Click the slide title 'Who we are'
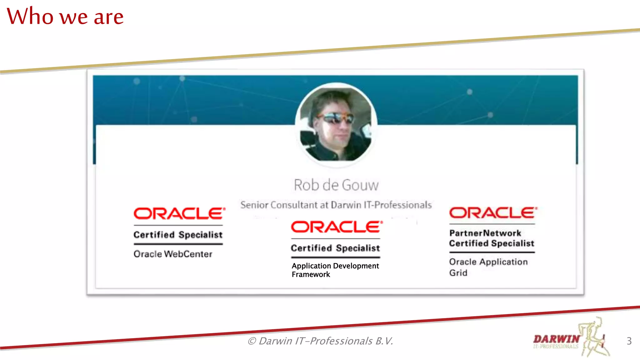(x=65, y=16)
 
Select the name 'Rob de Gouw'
(x=336, y=185)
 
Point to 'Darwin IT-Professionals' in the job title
(x=381, y=205)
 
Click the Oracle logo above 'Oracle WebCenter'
(x=179, y=214)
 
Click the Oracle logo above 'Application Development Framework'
(x=337, y=227)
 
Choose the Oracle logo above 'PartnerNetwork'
(x=493, y=213)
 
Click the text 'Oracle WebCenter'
(x=173, y=254)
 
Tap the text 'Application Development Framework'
(x=335, y=270)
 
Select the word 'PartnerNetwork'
(x=485, y=233)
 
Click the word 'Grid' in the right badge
(x=458, y=273)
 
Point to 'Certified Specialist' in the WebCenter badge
(x=178, y=235)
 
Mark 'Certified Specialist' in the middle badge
(x=335, y=248)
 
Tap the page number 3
(x=629, y=341)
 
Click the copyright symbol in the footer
(x=252, y=341)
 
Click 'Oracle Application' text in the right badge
(x=488, y=262)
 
